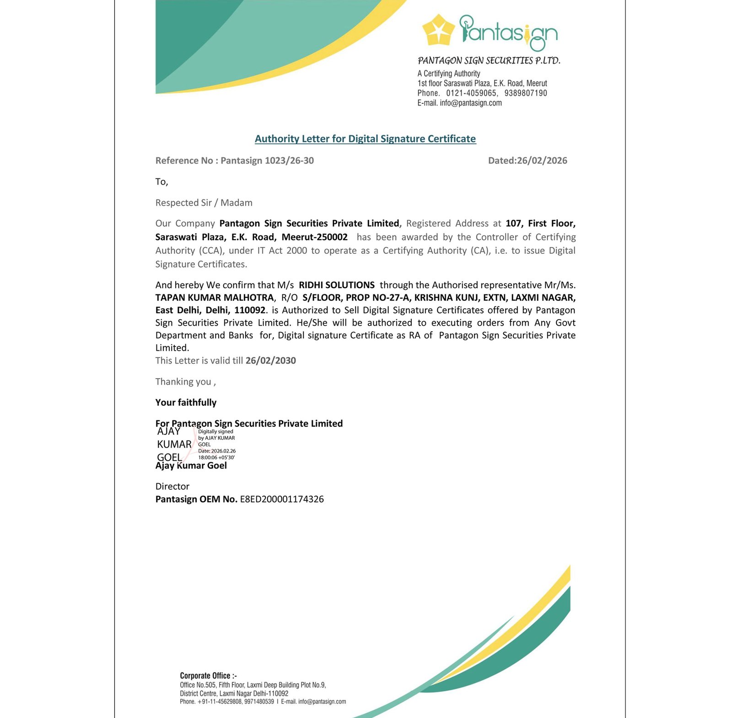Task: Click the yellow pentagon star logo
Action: [438, 30]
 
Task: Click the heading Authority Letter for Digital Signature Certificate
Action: [365, 139]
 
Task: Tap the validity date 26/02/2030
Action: [270, 360]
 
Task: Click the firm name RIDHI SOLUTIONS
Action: [336, 285]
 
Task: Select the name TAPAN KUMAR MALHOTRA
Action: [215, 298]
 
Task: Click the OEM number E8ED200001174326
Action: [282, 499]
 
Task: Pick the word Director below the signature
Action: [172, 486]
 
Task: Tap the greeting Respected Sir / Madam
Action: [204, 203]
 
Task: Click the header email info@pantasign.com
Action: [470, 103]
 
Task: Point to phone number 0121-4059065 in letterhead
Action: [471, 93]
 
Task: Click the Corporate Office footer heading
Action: [208, 675]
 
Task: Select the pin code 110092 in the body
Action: [249, 310]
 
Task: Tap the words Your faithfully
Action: [186, 402]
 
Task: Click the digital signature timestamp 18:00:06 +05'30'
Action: [216, 457]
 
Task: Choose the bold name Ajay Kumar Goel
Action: [191, 466]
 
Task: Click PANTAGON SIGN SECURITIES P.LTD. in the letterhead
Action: [489, 61]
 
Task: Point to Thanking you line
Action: [185, 382]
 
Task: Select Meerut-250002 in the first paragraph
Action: [314, 237]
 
